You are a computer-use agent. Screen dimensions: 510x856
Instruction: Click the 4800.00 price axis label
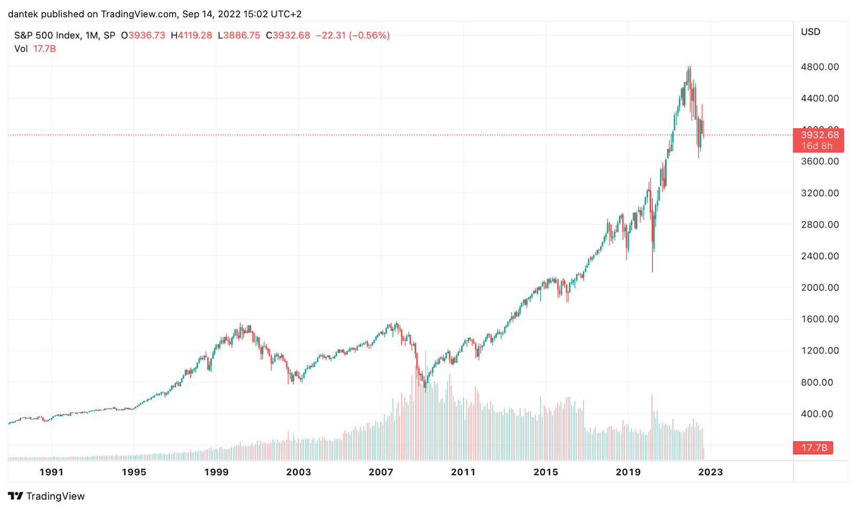(x=820, y=67)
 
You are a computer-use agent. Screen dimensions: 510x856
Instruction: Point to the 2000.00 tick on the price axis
(x=820, y=288)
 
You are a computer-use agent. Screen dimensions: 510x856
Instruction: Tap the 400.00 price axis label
(x=817, y=414)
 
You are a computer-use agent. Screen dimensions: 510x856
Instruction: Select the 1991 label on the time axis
(x=51, y=472)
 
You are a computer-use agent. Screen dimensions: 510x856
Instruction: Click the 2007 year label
(x=381, y=472)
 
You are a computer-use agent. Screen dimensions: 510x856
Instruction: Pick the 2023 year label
(x=710, y=472)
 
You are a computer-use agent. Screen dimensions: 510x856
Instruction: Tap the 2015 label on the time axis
(x=546, y=472)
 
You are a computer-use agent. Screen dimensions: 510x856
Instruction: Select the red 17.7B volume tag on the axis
(x=814, y=448)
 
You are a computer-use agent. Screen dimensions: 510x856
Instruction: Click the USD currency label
(x=811, y=32)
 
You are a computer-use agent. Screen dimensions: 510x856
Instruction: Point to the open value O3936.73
(x=143, y=35)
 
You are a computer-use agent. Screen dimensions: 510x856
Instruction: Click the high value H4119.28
(x=192, y=35)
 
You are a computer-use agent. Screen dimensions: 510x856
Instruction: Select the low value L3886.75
(x=239, y=35)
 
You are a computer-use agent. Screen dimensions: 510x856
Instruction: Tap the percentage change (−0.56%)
(x=369, y=35)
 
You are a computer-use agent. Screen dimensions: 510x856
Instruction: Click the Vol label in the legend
(x=21, y=49)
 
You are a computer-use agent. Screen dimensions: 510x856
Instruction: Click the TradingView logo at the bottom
(x=47, y=496)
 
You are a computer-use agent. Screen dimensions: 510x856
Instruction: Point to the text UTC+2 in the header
(x=286, y=14)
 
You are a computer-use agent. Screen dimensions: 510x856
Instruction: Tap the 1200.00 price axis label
(x=820, y=351)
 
